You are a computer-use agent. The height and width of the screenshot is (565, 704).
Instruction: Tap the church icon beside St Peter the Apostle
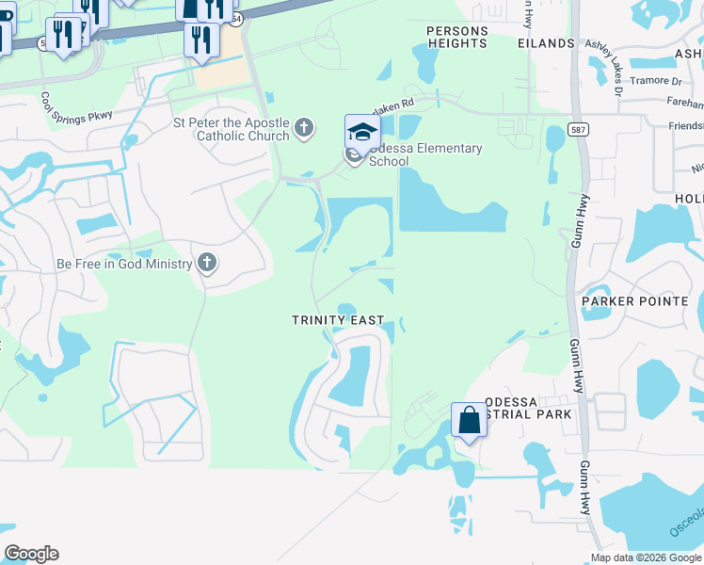pyautogui.click(x=304, y=127)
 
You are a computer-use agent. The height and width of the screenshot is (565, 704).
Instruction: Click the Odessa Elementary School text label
pyautogui.click(x=425, y=154)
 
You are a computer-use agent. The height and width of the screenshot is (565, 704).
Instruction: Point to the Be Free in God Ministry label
pyautogui.click(x=124, y=265)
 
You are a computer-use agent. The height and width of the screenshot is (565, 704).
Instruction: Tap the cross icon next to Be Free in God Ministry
pyautogui.click(x=207, y=264)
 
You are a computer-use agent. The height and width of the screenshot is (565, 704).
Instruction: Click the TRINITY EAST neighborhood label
pyautogui.click(x=337, y=320)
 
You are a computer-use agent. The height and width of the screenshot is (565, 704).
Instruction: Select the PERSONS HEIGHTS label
pyautogui.click(x=457, y=37)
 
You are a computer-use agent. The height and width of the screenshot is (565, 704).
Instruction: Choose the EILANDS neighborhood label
pyautogui.click(x=546, y=43)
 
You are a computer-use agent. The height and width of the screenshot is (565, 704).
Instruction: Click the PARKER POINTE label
pyautogui.click(x=641, y=301)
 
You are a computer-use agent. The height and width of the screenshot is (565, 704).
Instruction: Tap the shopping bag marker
pyautogui.click(x=470, y=420)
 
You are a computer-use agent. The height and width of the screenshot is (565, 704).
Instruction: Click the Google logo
pyautogui.click(x=31, y=554)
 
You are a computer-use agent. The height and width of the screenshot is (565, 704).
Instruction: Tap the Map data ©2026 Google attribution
pyautogui.click(x=645, y=557)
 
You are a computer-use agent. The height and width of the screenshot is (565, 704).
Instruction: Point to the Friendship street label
pyautogui.click(x=686, y=125)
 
